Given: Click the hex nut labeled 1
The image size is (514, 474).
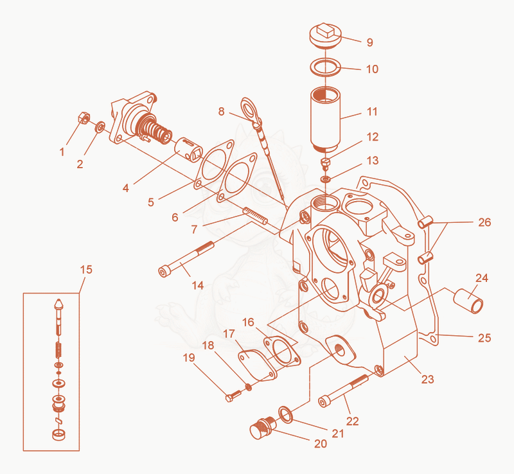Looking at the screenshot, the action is point(84,118).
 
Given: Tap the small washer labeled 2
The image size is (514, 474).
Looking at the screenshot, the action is point(100,127).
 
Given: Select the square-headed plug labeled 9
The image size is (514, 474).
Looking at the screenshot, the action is point(326,35).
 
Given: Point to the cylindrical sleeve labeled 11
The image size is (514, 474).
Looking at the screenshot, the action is point(325,119).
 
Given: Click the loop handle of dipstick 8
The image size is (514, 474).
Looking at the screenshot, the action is point(251,110).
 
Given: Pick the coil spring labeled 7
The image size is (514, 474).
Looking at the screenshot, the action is point(255,215).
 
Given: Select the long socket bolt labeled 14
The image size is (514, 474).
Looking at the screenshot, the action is point(186,259).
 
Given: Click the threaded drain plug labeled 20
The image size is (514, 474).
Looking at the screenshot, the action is point(263,428).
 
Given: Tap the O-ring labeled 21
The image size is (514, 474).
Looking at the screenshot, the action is point(286,414).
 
